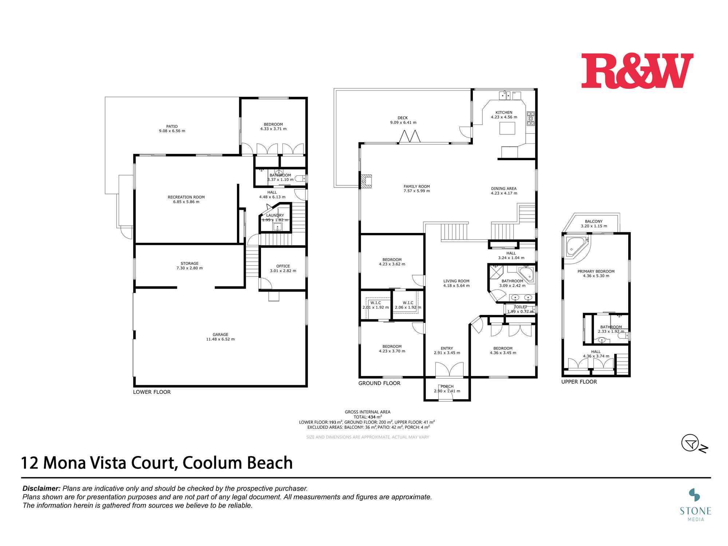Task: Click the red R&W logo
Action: click(637, 71)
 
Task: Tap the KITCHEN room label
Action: click(504, 112)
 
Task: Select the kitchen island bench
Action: click(507, 128)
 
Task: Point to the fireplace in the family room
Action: click(366, 181)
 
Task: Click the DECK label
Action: click(403, 118)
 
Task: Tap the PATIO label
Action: click(172, 126)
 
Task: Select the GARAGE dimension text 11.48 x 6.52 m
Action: click(220, 339)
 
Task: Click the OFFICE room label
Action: click(283, 266)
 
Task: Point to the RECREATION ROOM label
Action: click(186, 197)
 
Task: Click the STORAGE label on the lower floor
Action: click(189, 263)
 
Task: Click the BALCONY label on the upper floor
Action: click(594, 221)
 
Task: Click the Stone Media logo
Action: click(696, 504)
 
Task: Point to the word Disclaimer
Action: click(41, 488)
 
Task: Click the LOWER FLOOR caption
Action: click(152, 392)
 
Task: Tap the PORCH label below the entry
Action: click(447, 387)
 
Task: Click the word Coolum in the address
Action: click(212, 463)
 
